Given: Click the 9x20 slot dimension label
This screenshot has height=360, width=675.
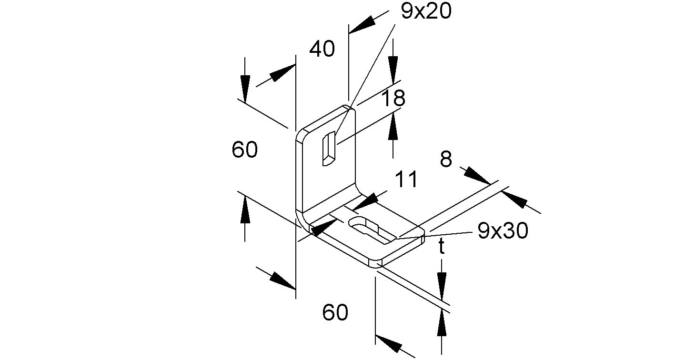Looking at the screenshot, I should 426,12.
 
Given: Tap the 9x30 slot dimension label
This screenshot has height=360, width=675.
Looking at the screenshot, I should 503,231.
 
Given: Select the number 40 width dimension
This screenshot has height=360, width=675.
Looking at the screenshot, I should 322,49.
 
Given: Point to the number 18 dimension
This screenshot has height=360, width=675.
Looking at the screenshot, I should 393,99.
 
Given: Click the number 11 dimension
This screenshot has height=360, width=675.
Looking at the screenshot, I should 406,180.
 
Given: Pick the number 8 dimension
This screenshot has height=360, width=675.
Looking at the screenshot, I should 446,160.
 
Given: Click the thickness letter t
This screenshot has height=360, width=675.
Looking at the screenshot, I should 442,247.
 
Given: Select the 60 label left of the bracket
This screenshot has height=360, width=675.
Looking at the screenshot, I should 245,150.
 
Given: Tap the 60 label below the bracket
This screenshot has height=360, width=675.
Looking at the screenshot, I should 335,313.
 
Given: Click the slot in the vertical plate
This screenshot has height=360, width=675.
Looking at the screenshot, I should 328,149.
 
